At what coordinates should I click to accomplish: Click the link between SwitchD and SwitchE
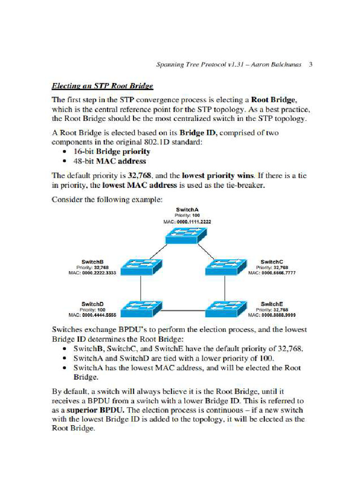(x=183, y=310)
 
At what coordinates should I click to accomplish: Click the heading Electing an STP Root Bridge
(x=102, y=86)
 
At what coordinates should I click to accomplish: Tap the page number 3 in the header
(x=310, y=64)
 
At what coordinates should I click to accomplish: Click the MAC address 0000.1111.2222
(x=193, y=221)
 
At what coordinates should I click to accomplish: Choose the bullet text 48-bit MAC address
(x=110, y=161)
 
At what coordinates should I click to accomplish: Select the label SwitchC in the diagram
(x=272, y=262)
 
